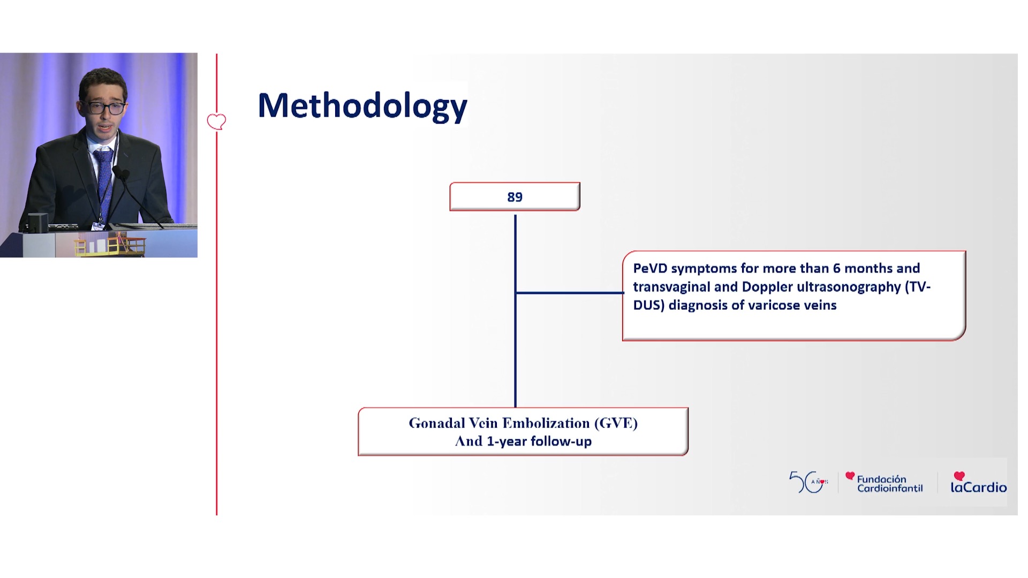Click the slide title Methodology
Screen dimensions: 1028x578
[x=362, y=105]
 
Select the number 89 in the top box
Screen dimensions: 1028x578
[x=515, y=197]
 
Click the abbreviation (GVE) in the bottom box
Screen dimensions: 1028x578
[x=616, y=423]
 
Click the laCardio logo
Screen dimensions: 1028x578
[x=978, y=482]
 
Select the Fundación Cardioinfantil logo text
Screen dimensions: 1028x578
[x=889, y=483]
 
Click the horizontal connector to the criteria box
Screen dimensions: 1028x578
[x=570, y=293]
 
